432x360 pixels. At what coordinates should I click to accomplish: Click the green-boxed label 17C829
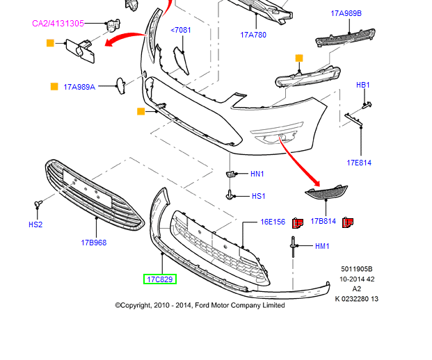click(x=160, y=279)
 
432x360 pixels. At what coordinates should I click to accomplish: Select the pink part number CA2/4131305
click(x=58, y=24)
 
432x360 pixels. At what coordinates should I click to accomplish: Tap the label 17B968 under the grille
click(x=94, y=243)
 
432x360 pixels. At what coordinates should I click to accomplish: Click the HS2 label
click(x=35, y=224)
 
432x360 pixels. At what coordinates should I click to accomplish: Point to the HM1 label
click(x=322, y=246)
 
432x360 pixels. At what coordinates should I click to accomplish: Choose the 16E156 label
click(x=273, y=222)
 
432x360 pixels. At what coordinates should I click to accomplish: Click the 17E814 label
click(x=359, y=163)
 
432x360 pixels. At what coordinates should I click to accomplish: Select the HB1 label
click(x=363, y=85)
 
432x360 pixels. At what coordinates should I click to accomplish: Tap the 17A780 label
click(x=254, y=35)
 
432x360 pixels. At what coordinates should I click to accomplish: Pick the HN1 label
click(x=257, y=174)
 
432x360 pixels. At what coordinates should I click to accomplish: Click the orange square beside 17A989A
click(x=54, y=87)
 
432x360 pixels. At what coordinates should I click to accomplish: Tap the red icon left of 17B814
click(x=298, y=222)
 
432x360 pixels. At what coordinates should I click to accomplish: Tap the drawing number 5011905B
click(x=357, y=269)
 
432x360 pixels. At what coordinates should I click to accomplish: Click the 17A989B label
click(x=346, y=13)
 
